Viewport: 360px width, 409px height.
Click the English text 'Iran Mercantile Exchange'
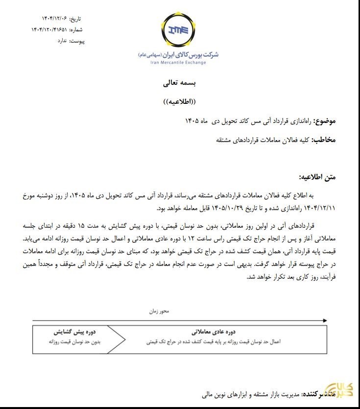(179, 63)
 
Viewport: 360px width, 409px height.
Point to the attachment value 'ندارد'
(61, 41)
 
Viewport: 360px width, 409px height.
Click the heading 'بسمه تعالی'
(179, 83)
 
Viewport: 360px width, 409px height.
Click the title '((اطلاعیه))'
(179, 103)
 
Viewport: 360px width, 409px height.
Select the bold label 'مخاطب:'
(324, 140)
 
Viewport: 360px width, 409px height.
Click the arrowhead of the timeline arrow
(324, 320)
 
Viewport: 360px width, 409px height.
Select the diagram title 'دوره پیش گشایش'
(74, 331)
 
